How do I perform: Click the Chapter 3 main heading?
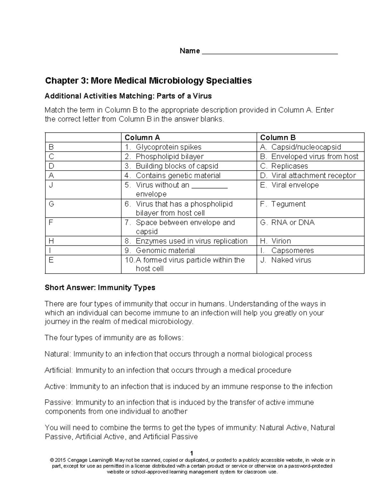(x=148, y=80)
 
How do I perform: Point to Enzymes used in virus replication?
(x=191, y=241)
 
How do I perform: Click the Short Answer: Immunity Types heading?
(x=100, y=288)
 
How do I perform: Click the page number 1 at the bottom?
(x=192, y=453)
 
